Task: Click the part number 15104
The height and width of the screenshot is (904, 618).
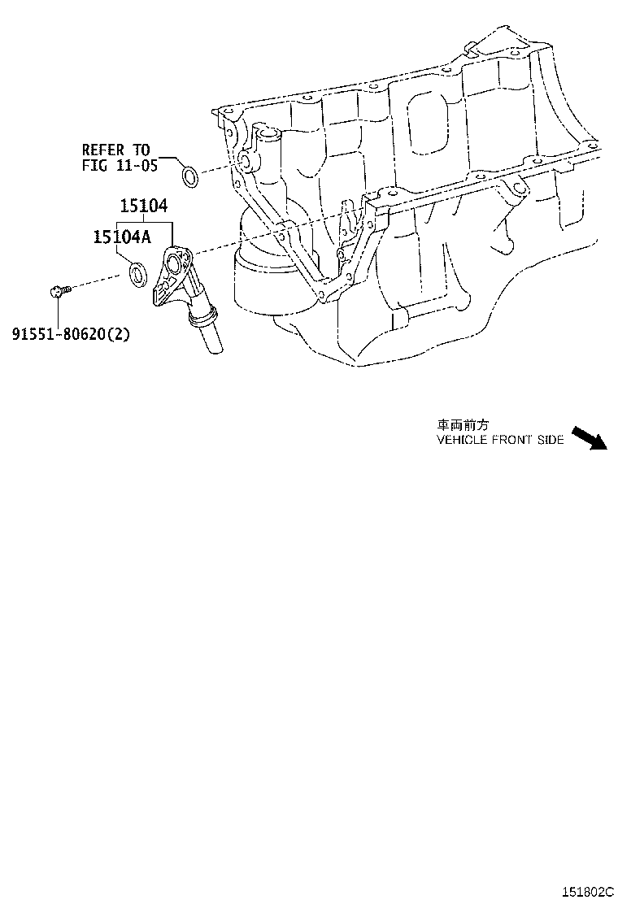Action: click(146, 207)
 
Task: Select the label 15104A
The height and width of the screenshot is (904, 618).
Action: click(121, 237)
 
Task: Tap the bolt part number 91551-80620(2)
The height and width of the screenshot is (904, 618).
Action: click(71, 333)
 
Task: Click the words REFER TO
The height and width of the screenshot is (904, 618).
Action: click(115, 150)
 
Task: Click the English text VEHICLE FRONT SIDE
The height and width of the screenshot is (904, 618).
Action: click(499, 439)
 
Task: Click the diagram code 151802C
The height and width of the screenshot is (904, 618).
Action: click(584, 892)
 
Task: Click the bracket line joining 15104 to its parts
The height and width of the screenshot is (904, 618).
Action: click(145, 222)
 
